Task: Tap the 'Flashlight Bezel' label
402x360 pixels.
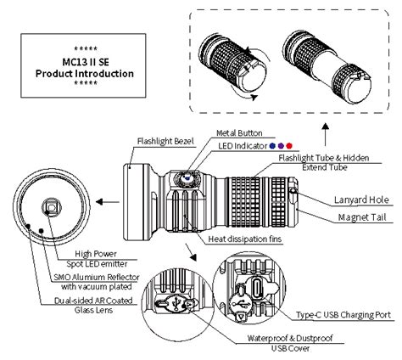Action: pyautogui.click(x=166, y=141)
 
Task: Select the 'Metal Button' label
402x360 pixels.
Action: pyautogui.click(x=241, y=133)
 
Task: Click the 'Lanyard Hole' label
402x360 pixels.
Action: pyautogui.click(x=359, y=200)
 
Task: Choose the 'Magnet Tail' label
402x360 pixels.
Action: pyautogui.click(x=360, y=217)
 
